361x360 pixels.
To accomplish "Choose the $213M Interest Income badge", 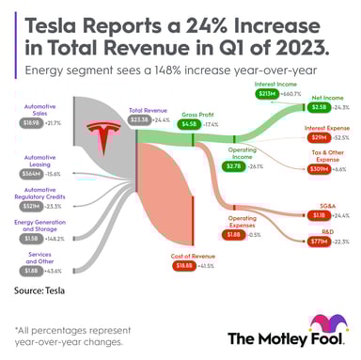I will (266, 94).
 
